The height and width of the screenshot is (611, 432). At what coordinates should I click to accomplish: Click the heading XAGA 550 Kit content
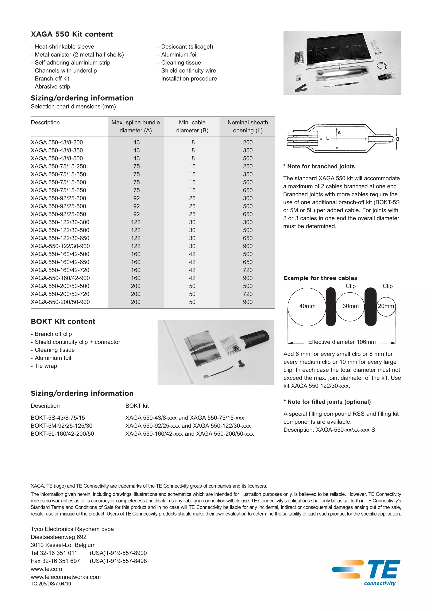pyautogui.click(x=72, y=34)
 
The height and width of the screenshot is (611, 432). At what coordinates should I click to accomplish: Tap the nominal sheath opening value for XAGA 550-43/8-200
pyautogui.click(x=248, y=142)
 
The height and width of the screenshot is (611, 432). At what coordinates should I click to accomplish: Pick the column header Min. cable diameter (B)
pyautogui.click(x=192, y=127)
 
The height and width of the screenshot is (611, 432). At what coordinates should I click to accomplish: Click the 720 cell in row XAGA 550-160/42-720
pyautogui.click(x=248, y=270)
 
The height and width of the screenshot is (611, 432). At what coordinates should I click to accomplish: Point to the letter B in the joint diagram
pyautogui.click(x=397, y=139)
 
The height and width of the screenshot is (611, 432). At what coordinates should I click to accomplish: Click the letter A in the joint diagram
pyautogui.click(x=339, y=133)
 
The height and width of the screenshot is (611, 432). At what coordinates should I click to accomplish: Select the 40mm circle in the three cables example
pyautogui.click(x=307, y=306)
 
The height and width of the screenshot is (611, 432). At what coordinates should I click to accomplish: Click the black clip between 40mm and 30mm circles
pyautogui.click(x=331, y=307)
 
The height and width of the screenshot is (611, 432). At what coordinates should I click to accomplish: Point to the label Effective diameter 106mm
pyautogui.click(x=342, y=342)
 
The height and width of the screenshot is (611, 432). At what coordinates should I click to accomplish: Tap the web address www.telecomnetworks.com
pyautogui.click(x=66, y=577)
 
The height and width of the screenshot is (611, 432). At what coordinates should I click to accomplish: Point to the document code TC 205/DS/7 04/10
pyautogui.click(x=51, y=584)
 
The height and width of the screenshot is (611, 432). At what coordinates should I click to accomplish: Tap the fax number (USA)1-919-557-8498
pyautogui.click(x=118, y=561)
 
